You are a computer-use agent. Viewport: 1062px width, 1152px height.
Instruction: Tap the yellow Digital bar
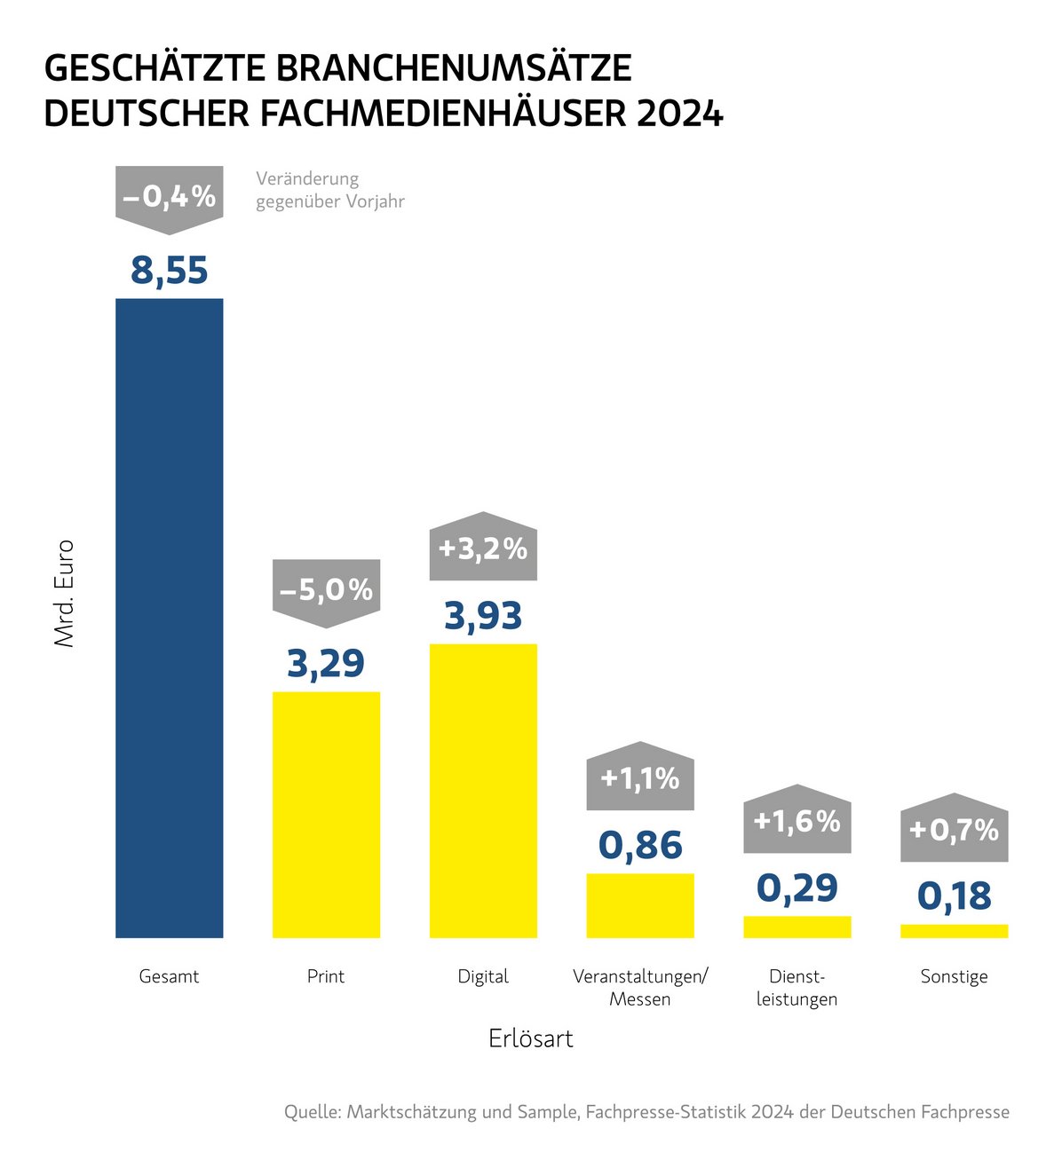pyautogui.click(x=483, y=790)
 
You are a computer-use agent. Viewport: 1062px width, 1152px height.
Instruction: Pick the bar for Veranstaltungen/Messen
pyautogui.click(x=640, y=905)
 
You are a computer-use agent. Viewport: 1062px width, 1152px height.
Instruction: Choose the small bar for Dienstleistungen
pyautogui.click(x=796, y=927)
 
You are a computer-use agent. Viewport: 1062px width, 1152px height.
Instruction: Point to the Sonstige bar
pyautogui.click(x=954, y=931)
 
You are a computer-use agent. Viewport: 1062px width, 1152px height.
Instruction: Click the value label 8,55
pyautogui.click(x=169, y=270)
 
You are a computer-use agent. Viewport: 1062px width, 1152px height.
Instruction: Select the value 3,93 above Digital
pyautogui.click(x=483, y=616)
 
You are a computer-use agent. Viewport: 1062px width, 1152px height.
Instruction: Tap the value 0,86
pyautogui.click(x=640, y=845)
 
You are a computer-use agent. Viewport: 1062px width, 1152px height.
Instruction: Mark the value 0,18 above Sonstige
pyautogui.click(x=954, y=896)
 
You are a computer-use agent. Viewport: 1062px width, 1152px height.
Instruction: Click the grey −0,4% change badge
pyautogui.click(x=169, y=197)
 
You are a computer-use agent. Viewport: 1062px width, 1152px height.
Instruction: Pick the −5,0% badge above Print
pyautogui.click(x=326, y=590)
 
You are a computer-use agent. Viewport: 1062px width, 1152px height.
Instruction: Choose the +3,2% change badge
pyautogui.click(x=483, y=548)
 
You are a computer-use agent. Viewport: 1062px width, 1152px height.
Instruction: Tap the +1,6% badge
pyautogui.click(x=796, y=821)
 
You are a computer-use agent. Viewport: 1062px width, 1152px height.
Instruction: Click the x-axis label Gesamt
pyautogui.click(x=169, y=976)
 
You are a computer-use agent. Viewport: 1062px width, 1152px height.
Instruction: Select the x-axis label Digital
pyautogui.click(x=483, y=976)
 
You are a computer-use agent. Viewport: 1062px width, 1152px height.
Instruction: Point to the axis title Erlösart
pyautogui.click(x=531, y=1038)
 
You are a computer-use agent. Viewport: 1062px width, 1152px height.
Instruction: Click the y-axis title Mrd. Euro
pyautogui.click(x=65, y=593)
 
